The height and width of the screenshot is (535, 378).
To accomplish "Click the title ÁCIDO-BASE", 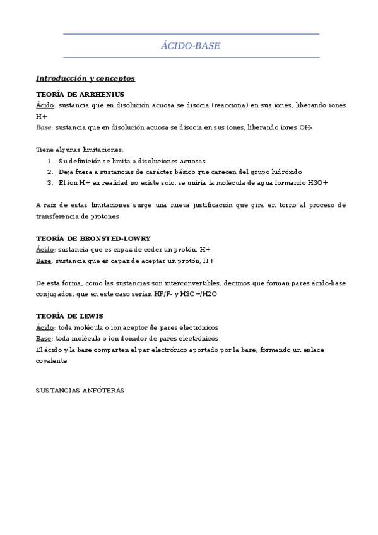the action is [191, 46].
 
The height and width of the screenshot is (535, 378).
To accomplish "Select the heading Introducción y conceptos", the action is [85, 79].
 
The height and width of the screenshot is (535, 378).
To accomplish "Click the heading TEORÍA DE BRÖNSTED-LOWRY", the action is [93, 238].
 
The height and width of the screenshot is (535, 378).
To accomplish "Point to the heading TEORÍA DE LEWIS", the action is [69, 315].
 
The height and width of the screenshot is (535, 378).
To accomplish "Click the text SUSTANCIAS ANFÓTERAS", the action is [80, 391].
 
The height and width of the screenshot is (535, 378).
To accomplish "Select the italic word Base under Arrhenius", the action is [44, 127].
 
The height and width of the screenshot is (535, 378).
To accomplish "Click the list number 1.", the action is [50, 161].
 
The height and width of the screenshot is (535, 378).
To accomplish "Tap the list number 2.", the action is [50, 172].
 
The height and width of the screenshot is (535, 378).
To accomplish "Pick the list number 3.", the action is [50, 182].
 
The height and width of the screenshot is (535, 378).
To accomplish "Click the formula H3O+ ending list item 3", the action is [317, 182].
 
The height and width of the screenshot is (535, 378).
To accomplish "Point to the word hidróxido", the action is [286, 172].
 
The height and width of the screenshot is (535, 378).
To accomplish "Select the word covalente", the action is [51, 361].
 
